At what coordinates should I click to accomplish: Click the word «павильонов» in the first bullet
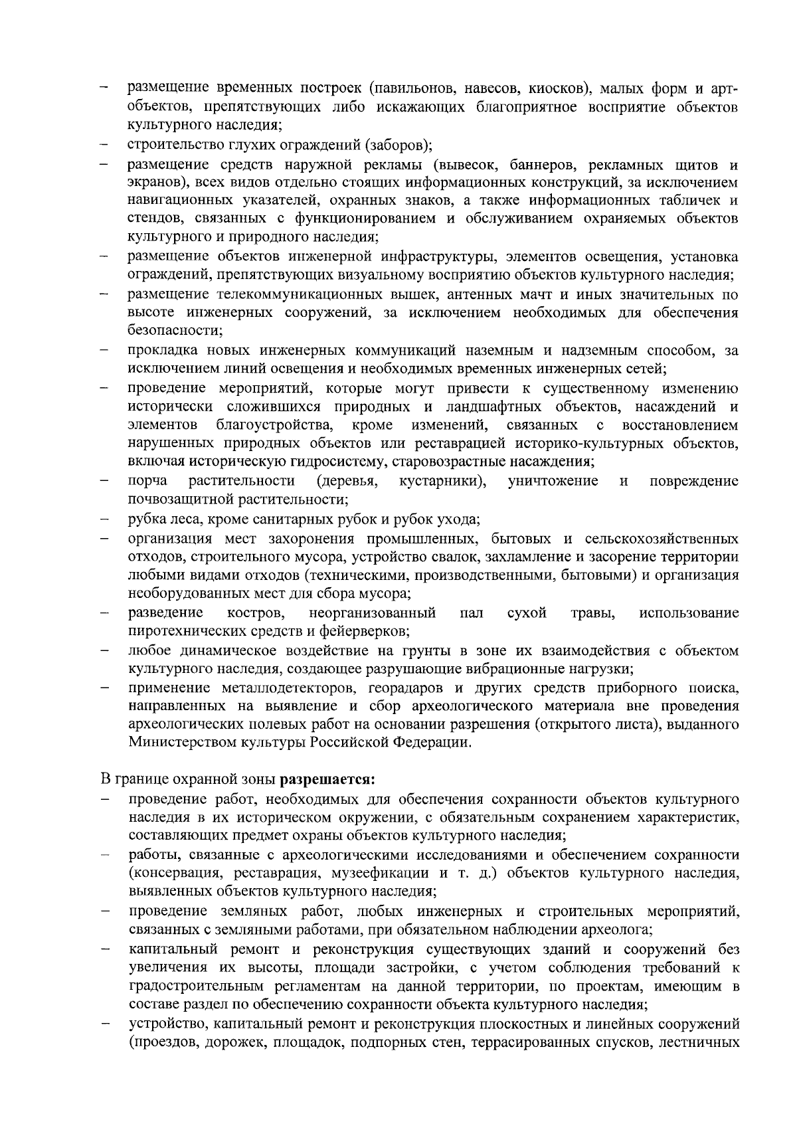tap(410, 88)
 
